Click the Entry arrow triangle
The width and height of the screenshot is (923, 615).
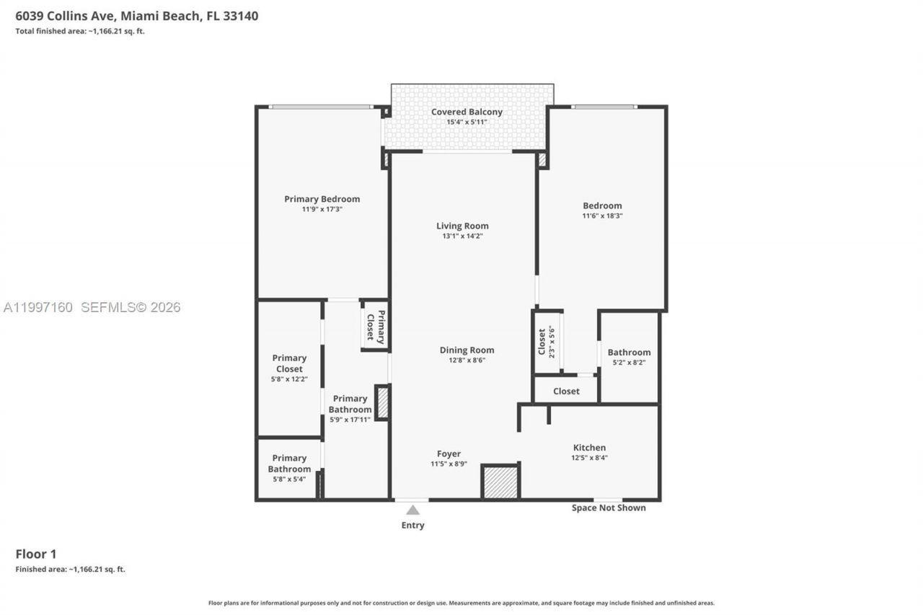(412, 510)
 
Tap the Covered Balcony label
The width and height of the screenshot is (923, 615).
(467, 112)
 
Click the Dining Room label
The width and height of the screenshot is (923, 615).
(467, 350)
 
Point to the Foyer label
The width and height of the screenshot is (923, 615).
(449, 453)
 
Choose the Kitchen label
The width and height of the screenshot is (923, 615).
(589, 447)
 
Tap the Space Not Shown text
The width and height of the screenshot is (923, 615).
(609, 508)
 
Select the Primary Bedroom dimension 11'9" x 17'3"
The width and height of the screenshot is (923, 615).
(322, 209)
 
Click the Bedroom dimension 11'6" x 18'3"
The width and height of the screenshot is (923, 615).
(602, 216)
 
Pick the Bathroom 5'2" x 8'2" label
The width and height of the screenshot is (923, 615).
(629, 353)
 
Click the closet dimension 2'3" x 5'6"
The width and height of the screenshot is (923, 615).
(552, 341)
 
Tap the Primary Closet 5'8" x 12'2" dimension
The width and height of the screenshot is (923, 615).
(289, 379)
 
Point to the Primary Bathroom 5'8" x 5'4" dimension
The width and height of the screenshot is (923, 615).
(289, 479)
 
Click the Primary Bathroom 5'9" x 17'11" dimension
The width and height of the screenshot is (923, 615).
(350, 419)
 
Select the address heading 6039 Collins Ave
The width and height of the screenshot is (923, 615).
(136, 15)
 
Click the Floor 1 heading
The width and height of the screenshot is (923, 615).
(35, 554)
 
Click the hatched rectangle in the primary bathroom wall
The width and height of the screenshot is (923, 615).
(383, 403)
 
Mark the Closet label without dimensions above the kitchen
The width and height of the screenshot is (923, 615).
(566, 391)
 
